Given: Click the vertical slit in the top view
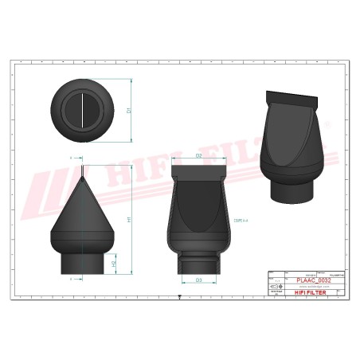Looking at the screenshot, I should (x=82, y=110).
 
